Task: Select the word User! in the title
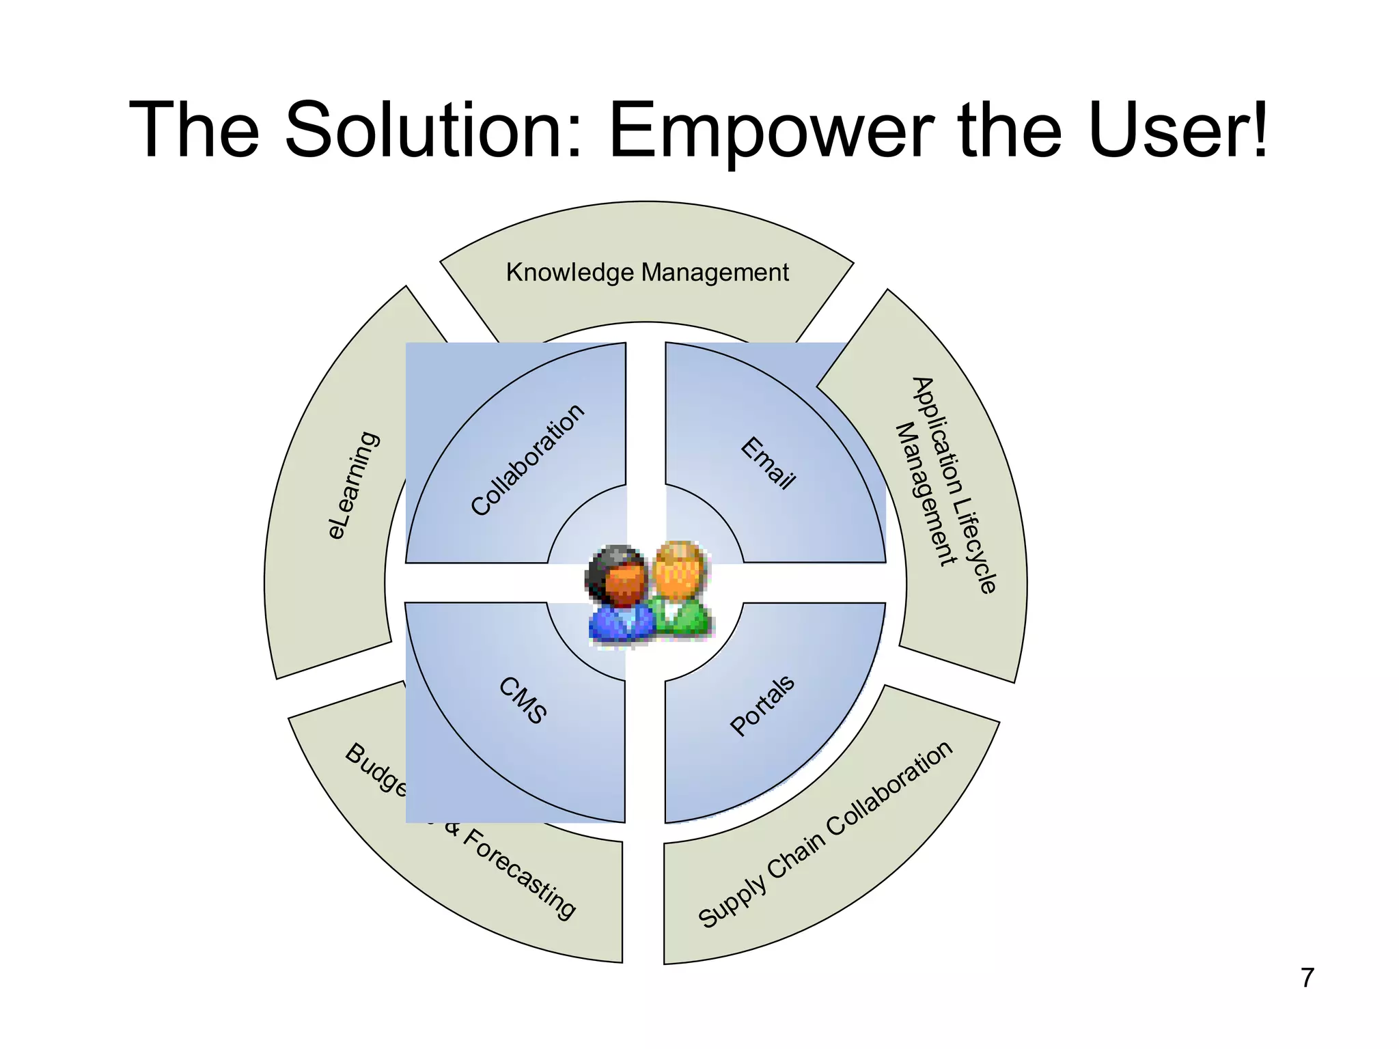coord(1179,130)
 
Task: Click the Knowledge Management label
coord(647,272)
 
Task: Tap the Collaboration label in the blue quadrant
coord(528,459)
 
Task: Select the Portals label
coord(762,705)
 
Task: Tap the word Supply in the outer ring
coord(732,901)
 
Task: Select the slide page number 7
coord(1307,978)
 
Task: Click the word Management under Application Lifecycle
coord(926,494)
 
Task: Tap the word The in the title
coord(195,130)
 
